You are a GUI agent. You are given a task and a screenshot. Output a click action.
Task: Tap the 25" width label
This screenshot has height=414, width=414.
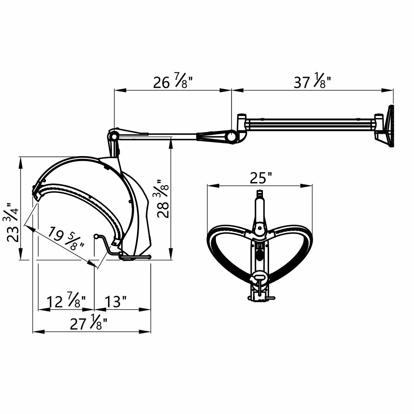tap(261, 178)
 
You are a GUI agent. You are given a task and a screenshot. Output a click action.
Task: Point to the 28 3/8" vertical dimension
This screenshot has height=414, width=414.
tap(162, 199)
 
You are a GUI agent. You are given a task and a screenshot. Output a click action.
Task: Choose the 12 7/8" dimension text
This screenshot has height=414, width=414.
tap(66, 301)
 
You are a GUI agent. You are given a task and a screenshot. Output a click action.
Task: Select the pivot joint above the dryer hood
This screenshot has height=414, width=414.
tap(113, 135)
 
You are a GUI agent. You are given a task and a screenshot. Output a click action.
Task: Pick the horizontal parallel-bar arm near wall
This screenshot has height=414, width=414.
tap(310, 123)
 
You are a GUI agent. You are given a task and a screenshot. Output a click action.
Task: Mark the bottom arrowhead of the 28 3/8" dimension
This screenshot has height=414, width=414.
tap(171, 257)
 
